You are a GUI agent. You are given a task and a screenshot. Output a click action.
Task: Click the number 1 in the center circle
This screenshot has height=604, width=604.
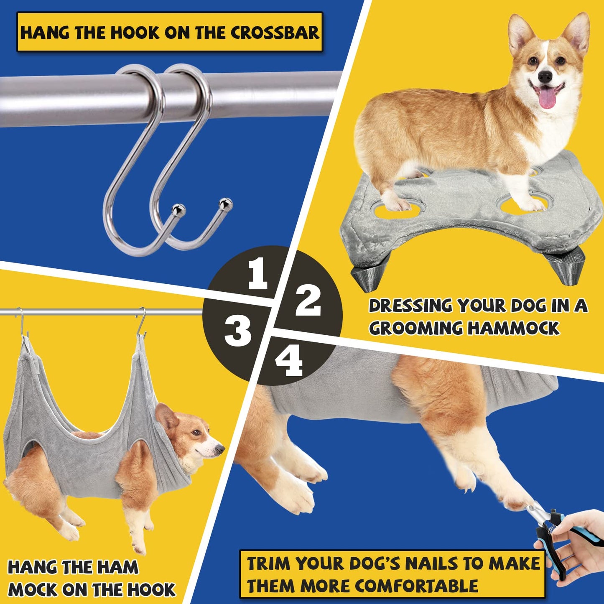(257, 274)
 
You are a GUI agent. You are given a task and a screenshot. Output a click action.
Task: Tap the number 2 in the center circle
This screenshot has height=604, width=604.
(308, 301)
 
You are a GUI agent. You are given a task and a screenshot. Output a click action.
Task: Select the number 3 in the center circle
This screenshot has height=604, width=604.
(238, 331)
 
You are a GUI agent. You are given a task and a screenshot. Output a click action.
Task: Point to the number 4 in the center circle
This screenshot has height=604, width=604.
(289, 362)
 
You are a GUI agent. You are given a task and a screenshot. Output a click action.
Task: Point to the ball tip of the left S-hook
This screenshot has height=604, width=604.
(178, 208)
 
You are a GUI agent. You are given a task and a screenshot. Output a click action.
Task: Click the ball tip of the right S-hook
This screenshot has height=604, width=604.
(227, 203)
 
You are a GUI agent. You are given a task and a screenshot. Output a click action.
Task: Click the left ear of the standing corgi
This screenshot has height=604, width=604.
(520, 34)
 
